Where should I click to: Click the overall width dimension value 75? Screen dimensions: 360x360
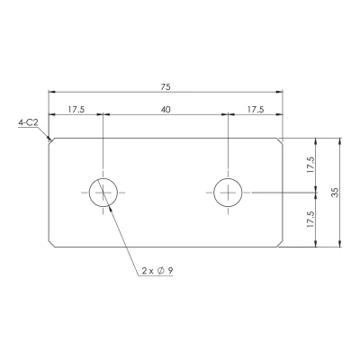click(x=166, y=87)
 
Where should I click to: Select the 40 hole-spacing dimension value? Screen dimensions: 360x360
click(x=166, y=110)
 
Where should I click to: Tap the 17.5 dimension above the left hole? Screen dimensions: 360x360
click(x=76, y=110)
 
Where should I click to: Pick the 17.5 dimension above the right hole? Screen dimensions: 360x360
click(x=256, y=110)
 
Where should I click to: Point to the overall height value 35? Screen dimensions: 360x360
click(x=336, y=193)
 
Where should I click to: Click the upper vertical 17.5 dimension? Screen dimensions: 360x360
click(x=310, y=165)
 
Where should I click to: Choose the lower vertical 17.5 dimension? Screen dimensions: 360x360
click(x=310, y=220)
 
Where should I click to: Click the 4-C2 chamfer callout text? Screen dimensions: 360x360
click(x=28, y=122)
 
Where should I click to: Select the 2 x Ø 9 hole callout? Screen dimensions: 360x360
click(x=157, y=271)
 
